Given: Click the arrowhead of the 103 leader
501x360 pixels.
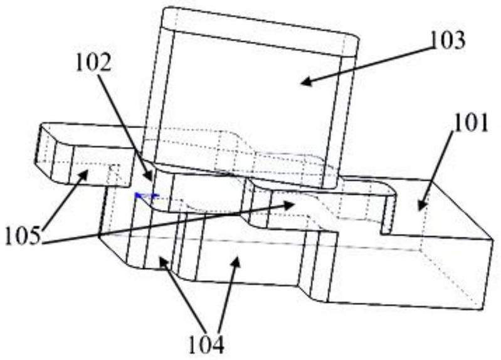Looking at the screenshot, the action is coord(300,82).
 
